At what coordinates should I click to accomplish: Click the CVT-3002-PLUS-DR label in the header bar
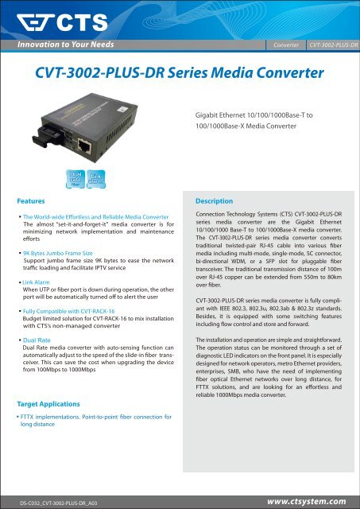coord(333,45)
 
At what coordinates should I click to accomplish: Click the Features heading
coord(37,202)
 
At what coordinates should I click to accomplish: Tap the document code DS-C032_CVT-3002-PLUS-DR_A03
coord(65,502)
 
